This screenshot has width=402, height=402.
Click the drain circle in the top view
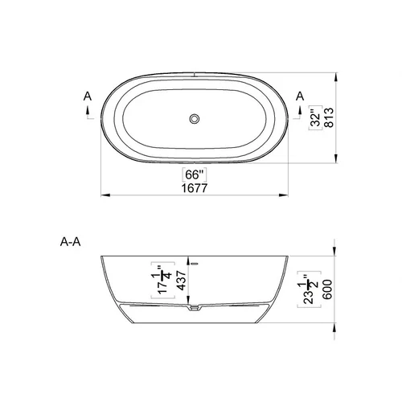coord(195,118)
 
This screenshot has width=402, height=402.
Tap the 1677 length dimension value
coord(195,188)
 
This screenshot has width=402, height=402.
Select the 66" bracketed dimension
coord(195,174)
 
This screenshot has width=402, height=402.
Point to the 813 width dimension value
coord(329,117)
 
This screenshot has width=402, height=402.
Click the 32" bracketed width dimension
coord(316,117)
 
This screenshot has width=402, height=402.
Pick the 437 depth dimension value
coord(182,281)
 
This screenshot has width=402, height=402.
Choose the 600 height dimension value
coord(327,289)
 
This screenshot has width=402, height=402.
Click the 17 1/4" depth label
coord(163,280)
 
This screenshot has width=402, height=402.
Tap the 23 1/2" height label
coord(309,289)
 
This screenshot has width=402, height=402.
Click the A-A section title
coord(70,242)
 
